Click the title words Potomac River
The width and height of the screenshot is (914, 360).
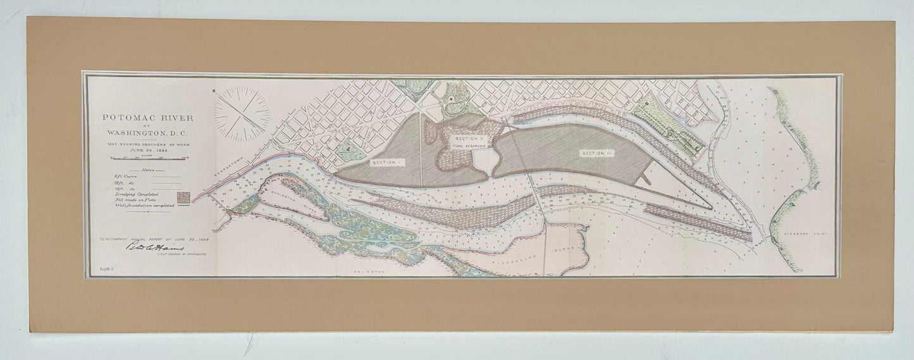140,118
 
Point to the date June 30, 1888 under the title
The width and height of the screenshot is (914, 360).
140,150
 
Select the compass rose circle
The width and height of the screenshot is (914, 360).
240,114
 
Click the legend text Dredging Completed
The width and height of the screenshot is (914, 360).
134,193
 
